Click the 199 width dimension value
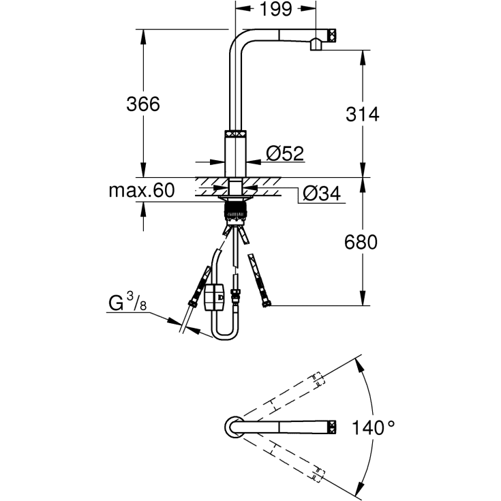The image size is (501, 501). pyautogui.click(x=276, y=10)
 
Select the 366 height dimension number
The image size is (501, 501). pyautogui.click(x=142, y=104)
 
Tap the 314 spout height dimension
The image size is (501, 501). pyautogui.click(x=361, y=114)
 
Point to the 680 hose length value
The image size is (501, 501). pyautogui.click(x=361, y=242)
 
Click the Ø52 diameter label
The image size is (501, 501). pyautogui.click(x=284, y=154)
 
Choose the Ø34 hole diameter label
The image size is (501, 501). pyautogui.click(x=321, y=194)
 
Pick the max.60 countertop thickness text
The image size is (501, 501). pyautogui.click(x=141, y=190)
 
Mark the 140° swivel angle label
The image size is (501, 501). pyautogui.click(x=373, y=428)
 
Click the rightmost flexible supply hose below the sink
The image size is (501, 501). pyautogui.click(x=260, y=280)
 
